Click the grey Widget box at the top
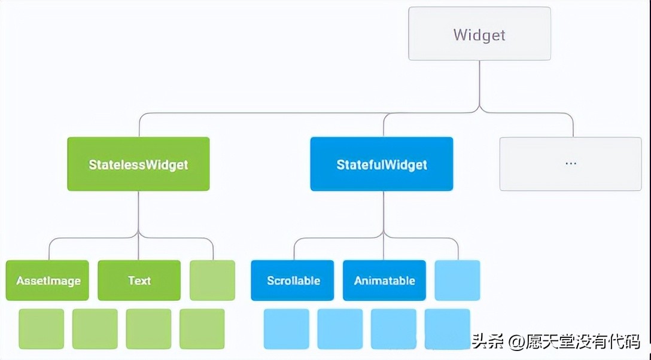tap(479, 34)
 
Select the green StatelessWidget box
tap(138, 164)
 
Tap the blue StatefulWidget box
tap(381, 164)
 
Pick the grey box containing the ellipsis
tap(570, 164)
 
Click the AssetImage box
tap(47, 280)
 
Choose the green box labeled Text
tap(139, 280)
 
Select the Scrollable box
tap(293, 280)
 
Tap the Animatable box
tap(384, 280)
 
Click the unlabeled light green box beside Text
tap(212, 280)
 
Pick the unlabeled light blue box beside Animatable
tap(457, 280)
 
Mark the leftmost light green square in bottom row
tap(41, 329)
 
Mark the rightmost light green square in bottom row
tap(202, 329)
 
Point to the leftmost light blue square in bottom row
tap(287, 329)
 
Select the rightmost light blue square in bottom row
tap(448, 329)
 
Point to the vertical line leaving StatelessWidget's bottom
tap(138, 212)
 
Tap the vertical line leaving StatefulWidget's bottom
tap(384, 212)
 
